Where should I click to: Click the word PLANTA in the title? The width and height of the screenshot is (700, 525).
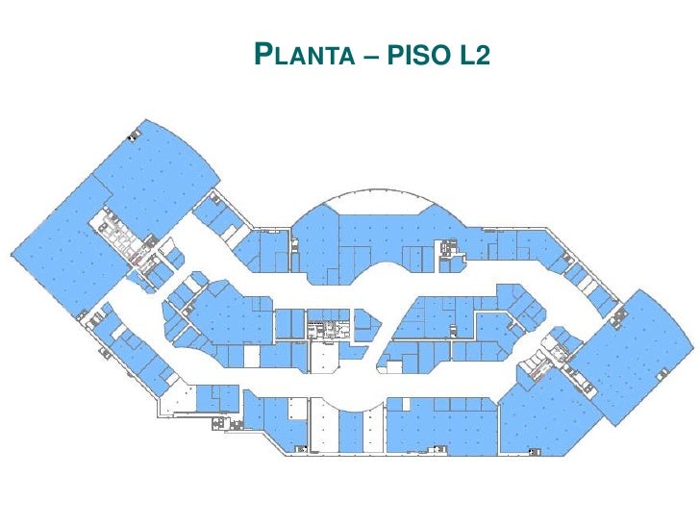(305, 54)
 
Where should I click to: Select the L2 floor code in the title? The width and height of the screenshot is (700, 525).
(473, 55)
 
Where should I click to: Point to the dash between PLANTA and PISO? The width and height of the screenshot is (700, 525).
(370, 56)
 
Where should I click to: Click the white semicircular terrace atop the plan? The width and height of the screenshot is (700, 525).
(379, 202)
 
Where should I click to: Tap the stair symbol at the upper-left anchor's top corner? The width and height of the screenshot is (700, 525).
(133, 136)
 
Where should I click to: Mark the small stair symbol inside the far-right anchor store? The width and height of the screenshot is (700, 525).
(662, 374)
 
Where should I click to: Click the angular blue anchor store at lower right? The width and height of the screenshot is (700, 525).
(544, 412)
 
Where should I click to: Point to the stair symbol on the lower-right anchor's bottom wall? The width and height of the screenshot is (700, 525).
(535, 451)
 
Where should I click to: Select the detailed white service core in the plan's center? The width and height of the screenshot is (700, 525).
(328, 330)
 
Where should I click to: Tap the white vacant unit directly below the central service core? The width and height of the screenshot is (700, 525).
(325, 357)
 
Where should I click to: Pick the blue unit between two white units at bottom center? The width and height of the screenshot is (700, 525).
(350, 431)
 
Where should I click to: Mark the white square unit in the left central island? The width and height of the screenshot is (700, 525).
(252, 356)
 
